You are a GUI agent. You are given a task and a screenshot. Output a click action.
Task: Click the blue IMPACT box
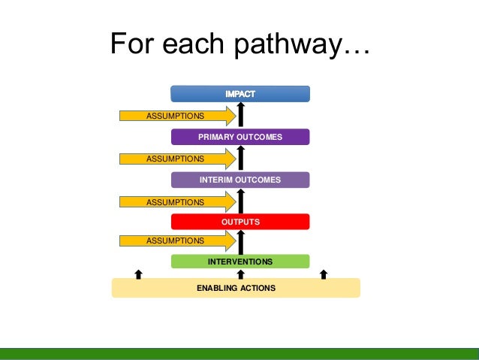(x=240, y=94)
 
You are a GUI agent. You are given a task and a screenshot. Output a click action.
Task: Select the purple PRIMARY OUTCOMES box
(x=240, y=137)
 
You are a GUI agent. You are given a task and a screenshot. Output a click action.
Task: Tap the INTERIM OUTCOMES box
(x=240, y=180)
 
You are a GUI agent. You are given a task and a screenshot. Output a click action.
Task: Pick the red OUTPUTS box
(x=240, y=222)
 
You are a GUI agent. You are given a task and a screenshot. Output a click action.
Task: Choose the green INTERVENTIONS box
(x=240, y=262)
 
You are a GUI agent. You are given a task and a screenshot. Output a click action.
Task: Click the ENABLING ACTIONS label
(x=236, y=288)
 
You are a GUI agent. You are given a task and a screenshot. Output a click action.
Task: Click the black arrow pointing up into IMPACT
(x=241, y=115)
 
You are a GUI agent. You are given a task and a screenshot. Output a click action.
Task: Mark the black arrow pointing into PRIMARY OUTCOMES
(x=241, y=158)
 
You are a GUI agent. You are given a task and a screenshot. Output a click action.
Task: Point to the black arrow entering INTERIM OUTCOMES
(x=241, y=201)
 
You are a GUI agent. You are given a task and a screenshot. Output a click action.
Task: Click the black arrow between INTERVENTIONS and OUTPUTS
(x=241, y=241)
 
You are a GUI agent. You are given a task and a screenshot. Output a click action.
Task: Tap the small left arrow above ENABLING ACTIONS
(x=138, y=274)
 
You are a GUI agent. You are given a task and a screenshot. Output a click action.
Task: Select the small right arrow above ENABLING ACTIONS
(x=324, y=274)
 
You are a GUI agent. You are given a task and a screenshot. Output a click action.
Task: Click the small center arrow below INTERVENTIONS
(x=241, y=274)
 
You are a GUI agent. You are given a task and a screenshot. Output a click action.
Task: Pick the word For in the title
(x=134, y=44)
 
